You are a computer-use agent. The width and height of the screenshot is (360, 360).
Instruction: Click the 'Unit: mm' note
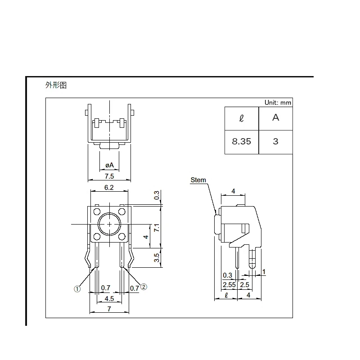point(278,103)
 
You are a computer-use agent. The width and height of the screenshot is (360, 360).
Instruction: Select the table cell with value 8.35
point(242,141)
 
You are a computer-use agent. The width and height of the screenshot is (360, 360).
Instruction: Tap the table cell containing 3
point(275,141)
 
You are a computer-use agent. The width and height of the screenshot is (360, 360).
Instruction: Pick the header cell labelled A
point(275,118)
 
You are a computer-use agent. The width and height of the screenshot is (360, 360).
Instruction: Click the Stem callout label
point(198,180)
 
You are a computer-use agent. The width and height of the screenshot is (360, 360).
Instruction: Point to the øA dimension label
point(109,166)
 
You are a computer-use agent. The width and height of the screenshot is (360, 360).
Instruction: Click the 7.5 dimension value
point(109,176)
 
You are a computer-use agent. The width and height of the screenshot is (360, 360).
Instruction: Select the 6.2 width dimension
point(109,187)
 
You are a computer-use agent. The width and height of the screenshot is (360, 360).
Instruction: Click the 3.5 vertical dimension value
point(157,257)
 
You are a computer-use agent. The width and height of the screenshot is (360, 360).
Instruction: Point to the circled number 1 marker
point(77,290)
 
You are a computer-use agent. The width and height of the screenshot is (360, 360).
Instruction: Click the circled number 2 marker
point(144,287)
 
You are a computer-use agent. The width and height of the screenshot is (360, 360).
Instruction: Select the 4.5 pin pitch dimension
point(109,298)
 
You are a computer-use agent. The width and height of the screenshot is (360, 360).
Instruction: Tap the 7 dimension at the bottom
point(109,309)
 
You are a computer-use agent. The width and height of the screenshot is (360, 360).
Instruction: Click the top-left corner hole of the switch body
point(97,211)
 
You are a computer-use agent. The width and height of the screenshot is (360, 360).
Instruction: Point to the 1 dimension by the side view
point(264,271)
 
